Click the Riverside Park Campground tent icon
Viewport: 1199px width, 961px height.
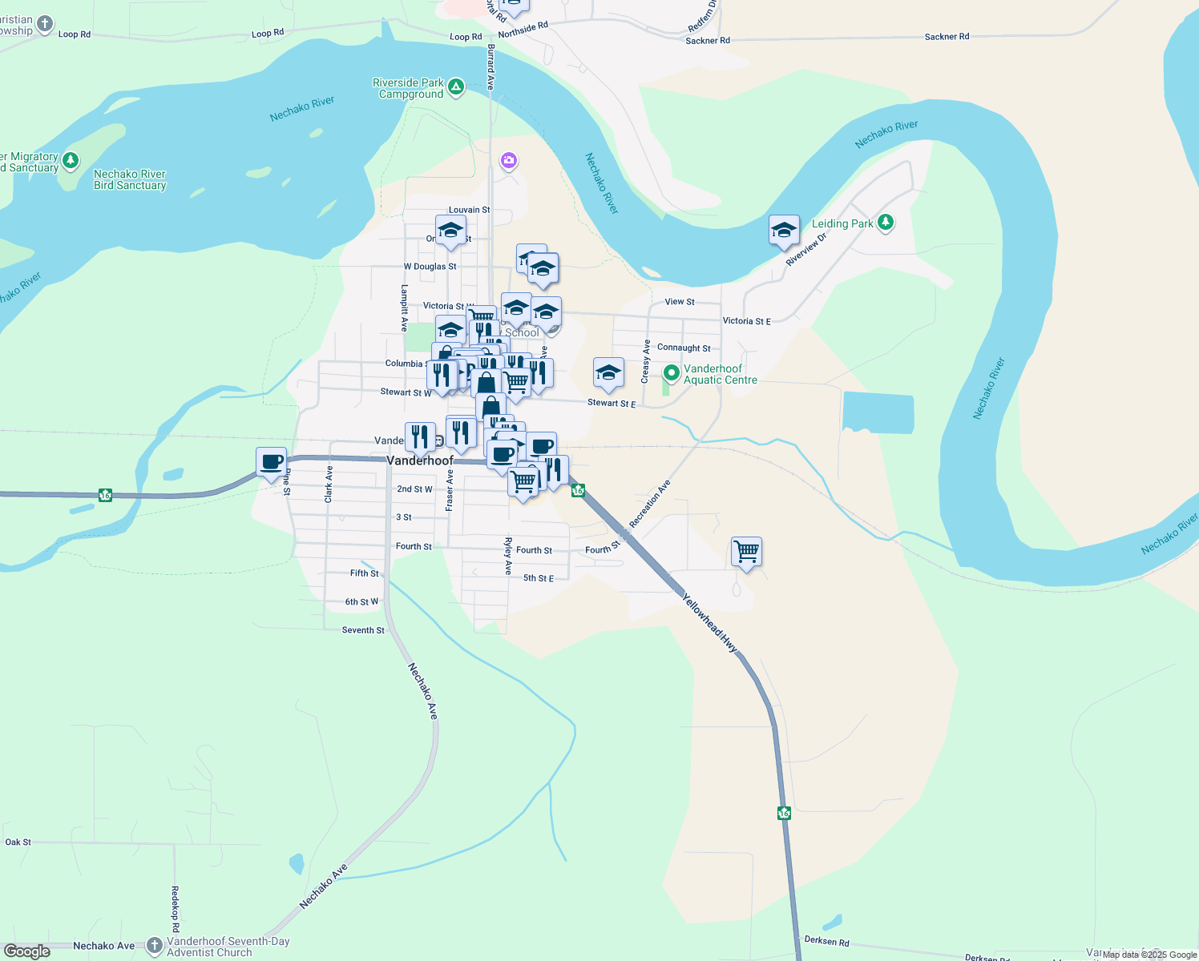point(456,87)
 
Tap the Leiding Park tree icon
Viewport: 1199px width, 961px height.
point(886,223)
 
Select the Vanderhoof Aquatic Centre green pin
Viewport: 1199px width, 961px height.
point(672,373)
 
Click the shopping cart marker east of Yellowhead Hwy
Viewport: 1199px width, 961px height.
point(746,552)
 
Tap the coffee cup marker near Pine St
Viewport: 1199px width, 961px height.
point(272,462)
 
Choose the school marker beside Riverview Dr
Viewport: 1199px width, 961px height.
point(784,231)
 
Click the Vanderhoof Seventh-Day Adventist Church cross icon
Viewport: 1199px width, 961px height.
point(155,946)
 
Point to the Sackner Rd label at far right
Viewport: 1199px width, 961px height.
point(947,37)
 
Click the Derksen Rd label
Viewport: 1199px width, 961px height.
point(826,942)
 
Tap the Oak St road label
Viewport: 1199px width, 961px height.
point(18,842)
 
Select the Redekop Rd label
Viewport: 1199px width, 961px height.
point(175,908)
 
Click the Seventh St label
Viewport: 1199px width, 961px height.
point(363,630)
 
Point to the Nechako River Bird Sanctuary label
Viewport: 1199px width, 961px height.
point(130,179)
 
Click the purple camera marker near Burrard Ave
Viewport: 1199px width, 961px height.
point(509,162)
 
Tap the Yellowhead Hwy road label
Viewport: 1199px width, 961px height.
point(709,623)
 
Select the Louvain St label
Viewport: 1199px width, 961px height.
point(469,210)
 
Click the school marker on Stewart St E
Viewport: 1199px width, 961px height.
point(608,372)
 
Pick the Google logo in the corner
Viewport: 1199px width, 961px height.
point(27,951)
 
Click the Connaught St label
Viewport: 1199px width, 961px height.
point(684,348)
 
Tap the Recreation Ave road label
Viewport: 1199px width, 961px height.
point(649,504)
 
